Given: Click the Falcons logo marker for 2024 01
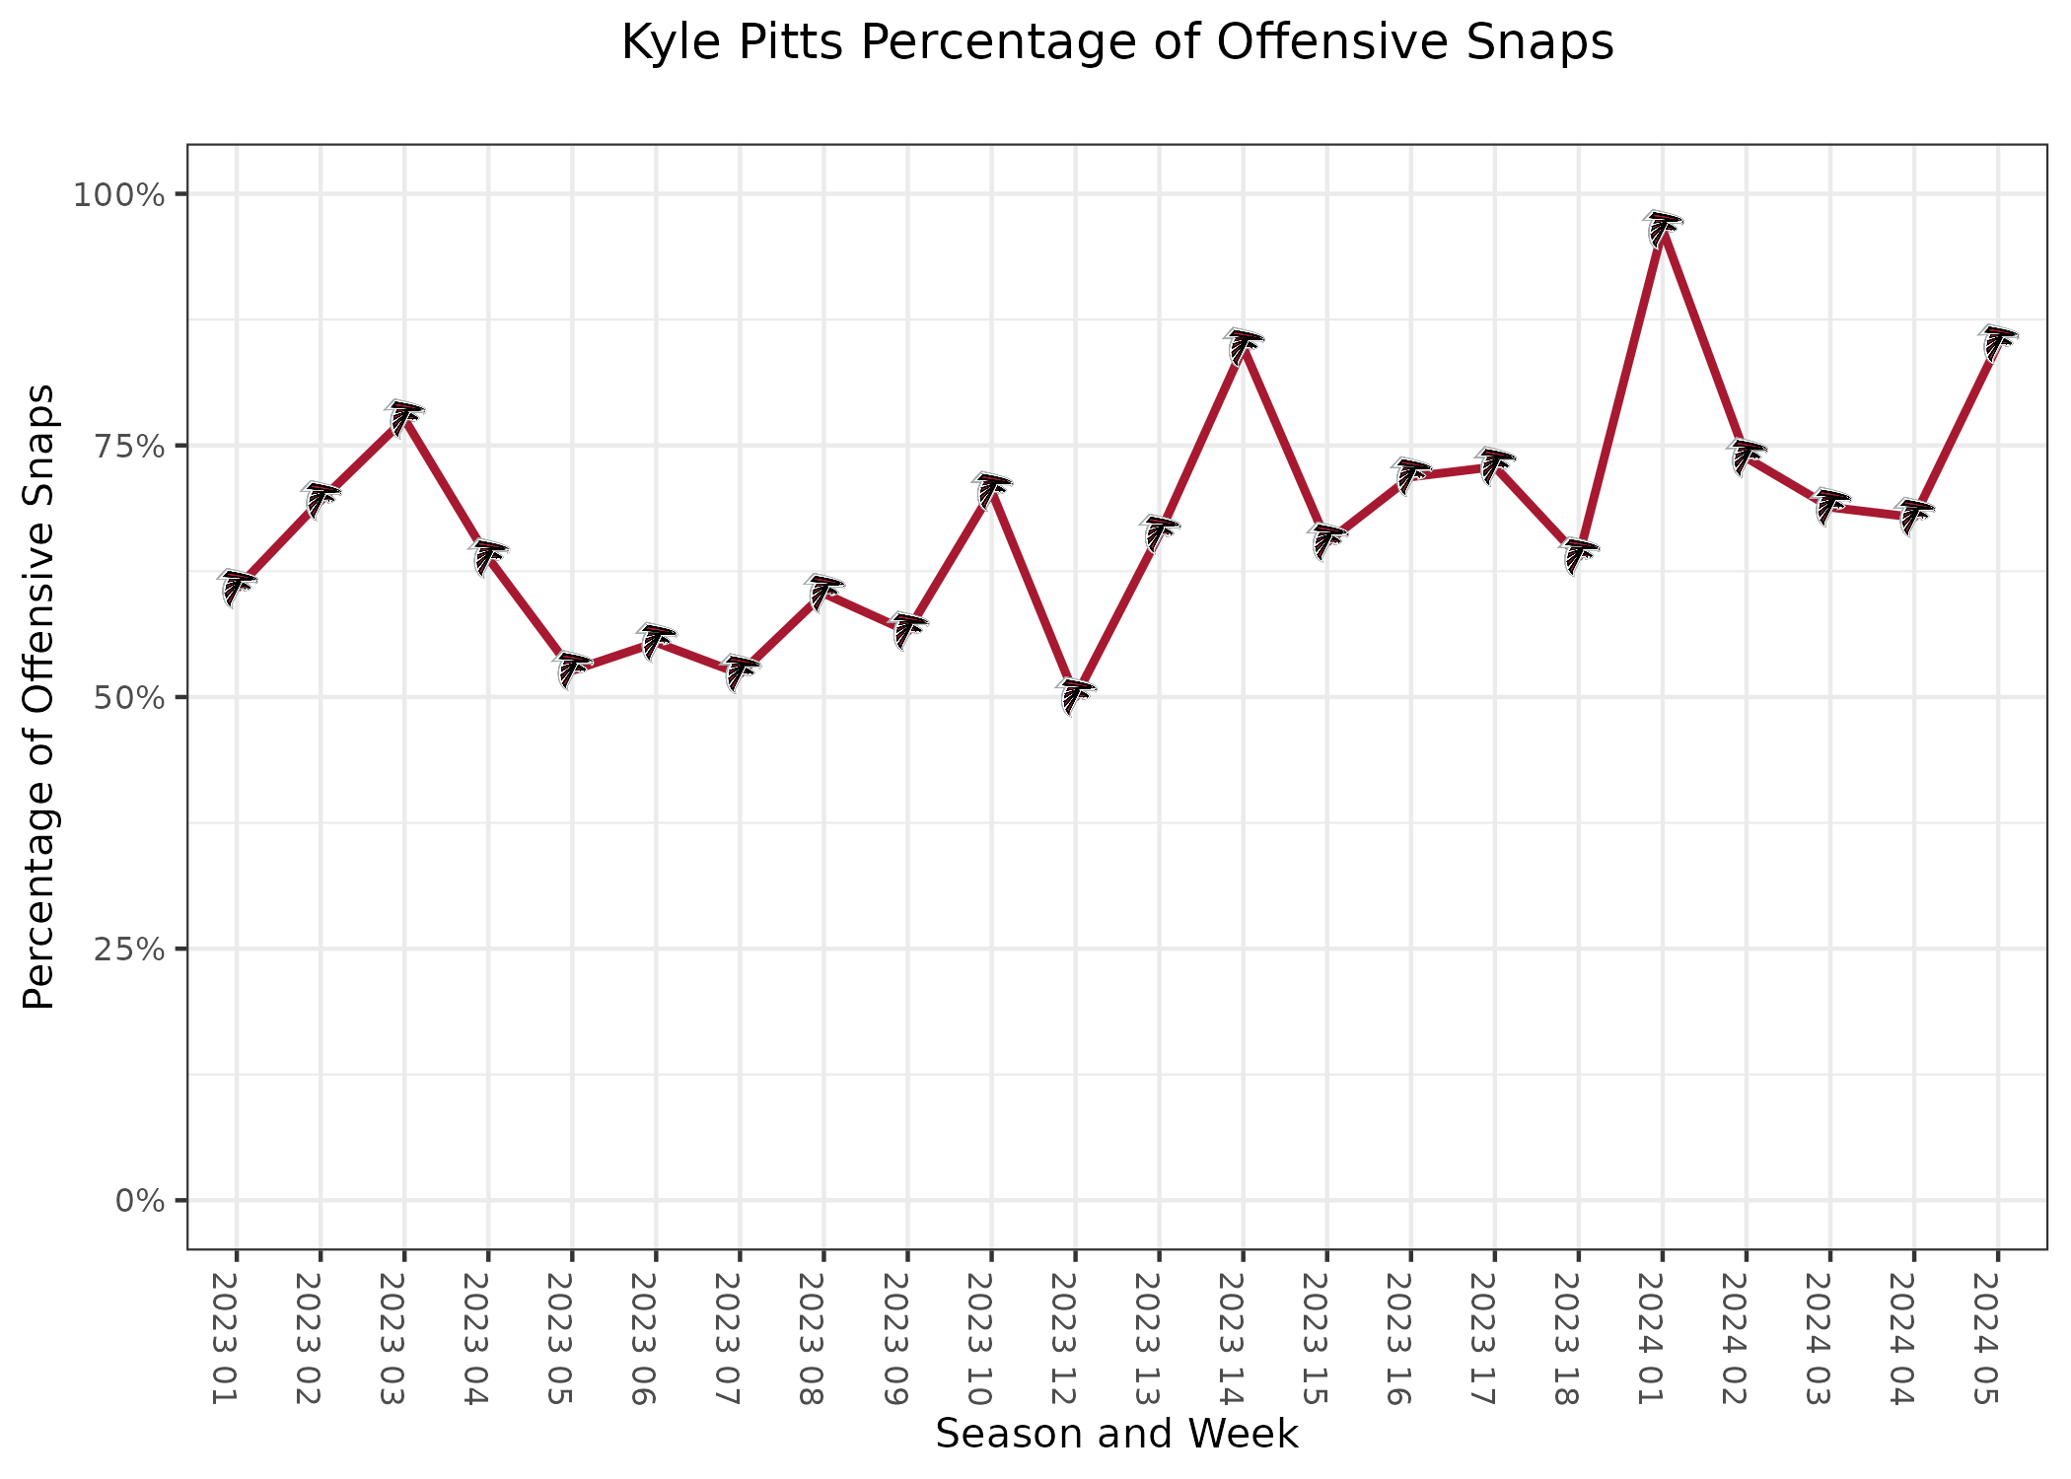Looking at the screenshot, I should point(1662,229).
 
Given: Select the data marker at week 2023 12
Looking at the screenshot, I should point(1075,696).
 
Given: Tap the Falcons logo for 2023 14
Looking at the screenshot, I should point(1243,347).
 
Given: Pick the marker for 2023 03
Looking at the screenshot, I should point(403,418).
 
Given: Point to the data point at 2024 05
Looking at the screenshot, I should point(1997,343).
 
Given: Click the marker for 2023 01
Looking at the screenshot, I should point(237,588).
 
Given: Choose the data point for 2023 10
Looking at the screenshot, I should point(991,490).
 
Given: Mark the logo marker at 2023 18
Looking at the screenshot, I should point(1578,556).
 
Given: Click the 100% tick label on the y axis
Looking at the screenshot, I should point(117,194).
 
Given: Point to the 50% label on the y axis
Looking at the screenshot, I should point(128,698).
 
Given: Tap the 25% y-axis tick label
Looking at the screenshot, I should point(128,950).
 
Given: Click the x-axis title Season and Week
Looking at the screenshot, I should point(1116,1434).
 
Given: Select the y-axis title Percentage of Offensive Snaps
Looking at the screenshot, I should point(39,696).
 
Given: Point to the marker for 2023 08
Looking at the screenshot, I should point(823,592).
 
